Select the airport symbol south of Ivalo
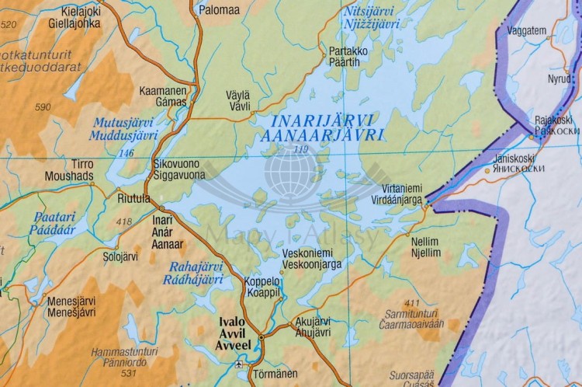[239, 364]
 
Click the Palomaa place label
[220, 11]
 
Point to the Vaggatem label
[526, 31]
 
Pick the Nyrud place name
[559, 79]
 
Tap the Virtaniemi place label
[402, 188]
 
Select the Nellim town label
[425, 242]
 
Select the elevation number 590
[43, 107]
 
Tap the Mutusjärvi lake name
[124, 122]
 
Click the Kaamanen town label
[162, 91]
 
